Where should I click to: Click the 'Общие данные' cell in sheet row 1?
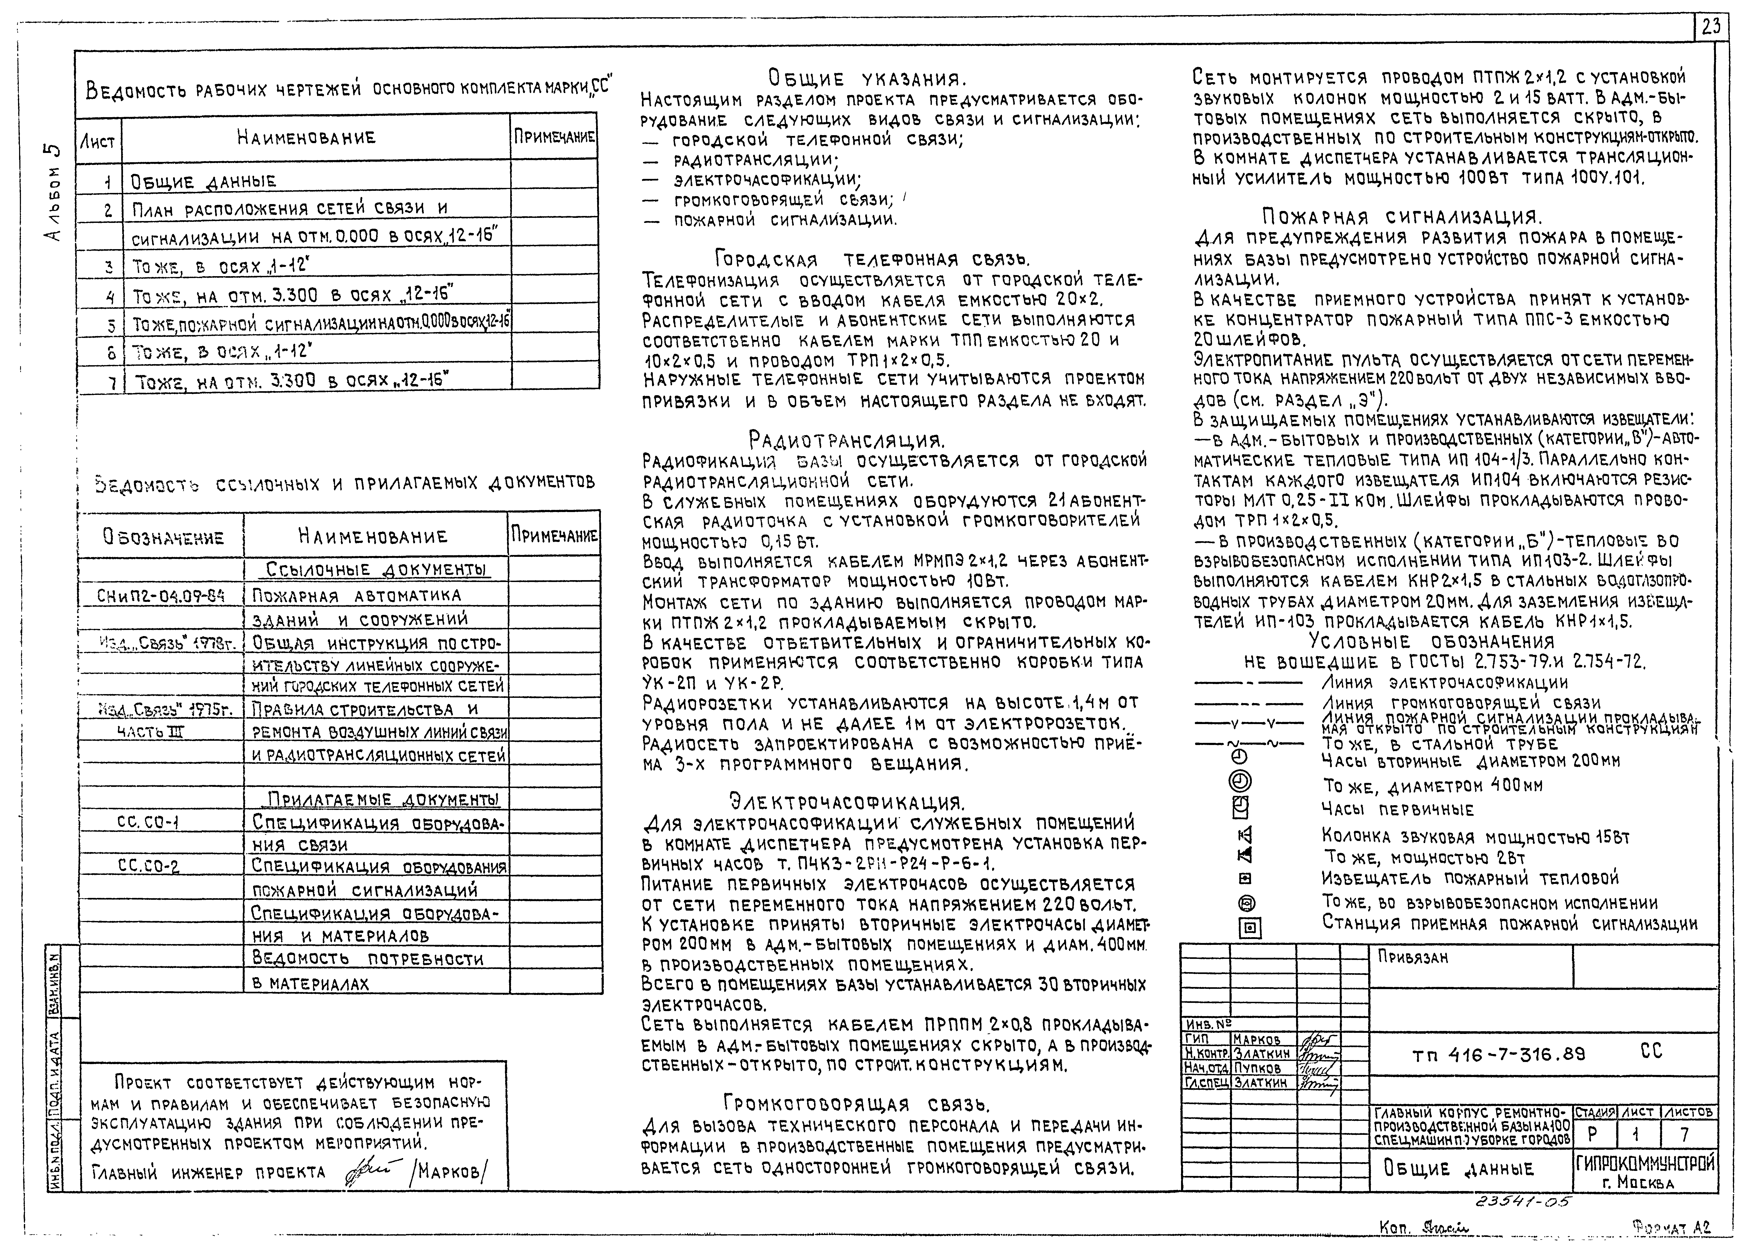(x=204, y=182)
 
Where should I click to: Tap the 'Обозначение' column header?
(x=164, y=537)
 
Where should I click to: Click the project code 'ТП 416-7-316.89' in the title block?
(x=1499, y=1055)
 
